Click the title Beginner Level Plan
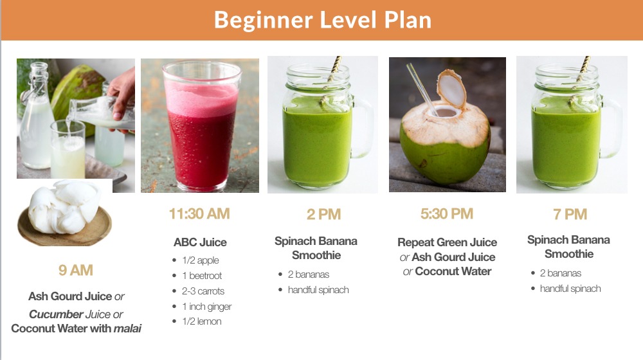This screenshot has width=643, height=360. [322, 20]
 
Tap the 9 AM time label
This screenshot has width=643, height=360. [76, 270]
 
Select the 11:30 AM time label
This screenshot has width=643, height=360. [199, 214]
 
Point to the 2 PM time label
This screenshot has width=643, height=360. [323, 215]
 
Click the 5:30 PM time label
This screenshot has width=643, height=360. [447, 214]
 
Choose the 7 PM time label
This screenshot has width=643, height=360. [570, 215]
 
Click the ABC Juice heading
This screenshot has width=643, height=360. [200, 242]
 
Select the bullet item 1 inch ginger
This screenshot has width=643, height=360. [206, 307]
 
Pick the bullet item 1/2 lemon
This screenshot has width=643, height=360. [201, 321]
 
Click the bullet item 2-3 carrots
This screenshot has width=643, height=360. [203, 291]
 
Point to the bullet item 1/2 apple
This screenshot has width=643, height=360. [200, 260]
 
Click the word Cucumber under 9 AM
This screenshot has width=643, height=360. [57, 314]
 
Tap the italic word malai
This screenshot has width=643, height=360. [127, 328]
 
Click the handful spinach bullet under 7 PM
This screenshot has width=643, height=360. [570, 289]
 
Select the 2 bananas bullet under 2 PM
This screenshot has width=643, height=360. [309, 274]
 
